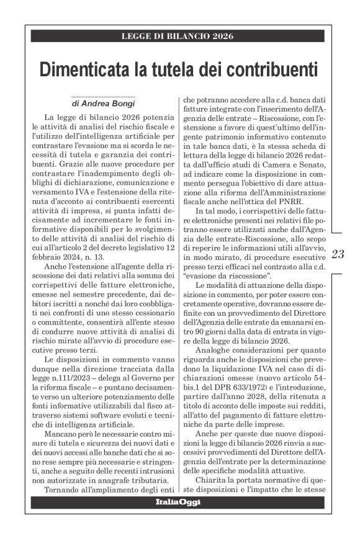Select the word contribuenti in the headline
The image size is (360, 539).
tap(267, 69)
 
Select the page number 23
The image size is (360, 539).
tap(340, 253)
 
